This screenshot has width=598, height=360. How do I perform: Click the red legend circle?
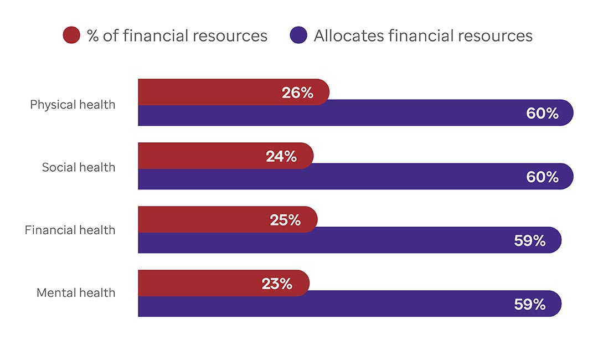coord(72,35)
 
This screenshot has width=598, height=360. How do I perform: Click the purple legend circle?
coord(298,35)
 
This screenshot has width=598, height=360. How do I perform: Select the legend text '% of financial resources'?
coord(177,36)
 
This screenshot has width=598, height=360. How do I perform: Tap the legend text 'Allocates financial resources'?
coord(423,36)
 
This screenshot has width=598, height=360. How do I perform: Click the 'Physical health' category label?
coord(73,104)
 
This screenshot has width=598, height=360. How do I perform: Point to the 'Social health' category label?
coord(79,167)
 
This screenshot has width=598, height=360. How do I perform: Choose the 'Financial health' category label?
coord(70,230)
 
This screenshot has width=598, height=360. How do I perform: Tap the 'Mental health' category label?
coord(76,292)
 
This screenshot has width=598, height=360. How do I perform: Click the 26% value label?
coord(297,93)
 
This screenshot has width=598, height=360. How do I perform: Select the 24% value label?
coord(281,157)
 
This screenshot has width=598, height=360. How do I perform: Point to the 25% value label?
coord(285,220)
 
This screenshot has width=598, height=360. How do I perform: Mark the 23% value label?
coord(277,284)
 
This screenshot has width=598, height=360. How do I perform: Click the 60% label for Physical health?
coord(542,114)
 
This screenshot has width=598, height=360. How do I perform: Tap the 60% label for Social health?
coord(542,177)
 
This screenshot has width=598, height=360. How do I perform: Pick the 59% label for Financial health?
coord(530,241)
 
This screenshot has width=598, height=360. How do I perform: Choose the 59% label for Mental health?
coord(530,305)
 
